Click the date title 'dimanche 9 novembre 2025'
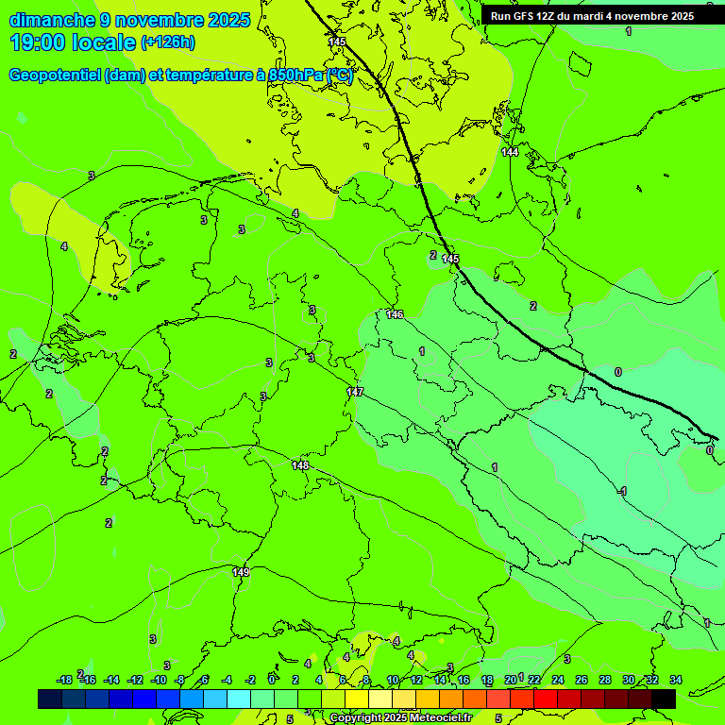[x=129, y=20]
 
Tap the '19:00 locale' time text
[x=73, y=42]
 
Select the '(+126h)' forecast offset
[x=168, y=42]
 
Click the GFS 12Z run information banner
[x=592, y=16]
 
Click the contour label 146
[x=395, y=314]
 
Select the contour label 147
[x=355, y=391]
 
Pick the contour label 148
[x=300, y=465]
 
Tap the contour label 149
[x=241, y=572]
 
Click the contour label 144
[x=510, y=152]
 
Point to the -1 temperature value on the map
[x=622, y=491]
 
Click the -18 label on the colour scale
[x=64, y=680]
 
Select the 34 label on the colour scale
[x=676, y=680]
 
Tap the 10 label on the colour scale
[x=393, y=680]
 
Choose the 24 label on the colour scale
[x=558, y=680]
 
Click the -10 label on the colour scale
[x=159, y=680]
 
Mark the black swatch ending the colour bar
[x=664, y=699]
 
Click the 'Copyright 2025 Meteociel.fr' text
[x=400, y=718]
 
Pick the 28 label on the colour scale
[x=605, y=680]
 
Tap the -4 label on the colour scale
[x=227, y=680]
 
